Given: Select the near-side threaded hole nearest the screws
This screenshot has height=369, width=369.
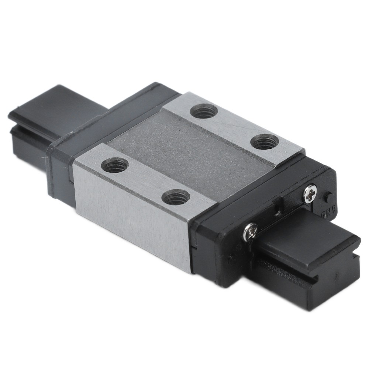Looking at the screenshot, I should [176, 197].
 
